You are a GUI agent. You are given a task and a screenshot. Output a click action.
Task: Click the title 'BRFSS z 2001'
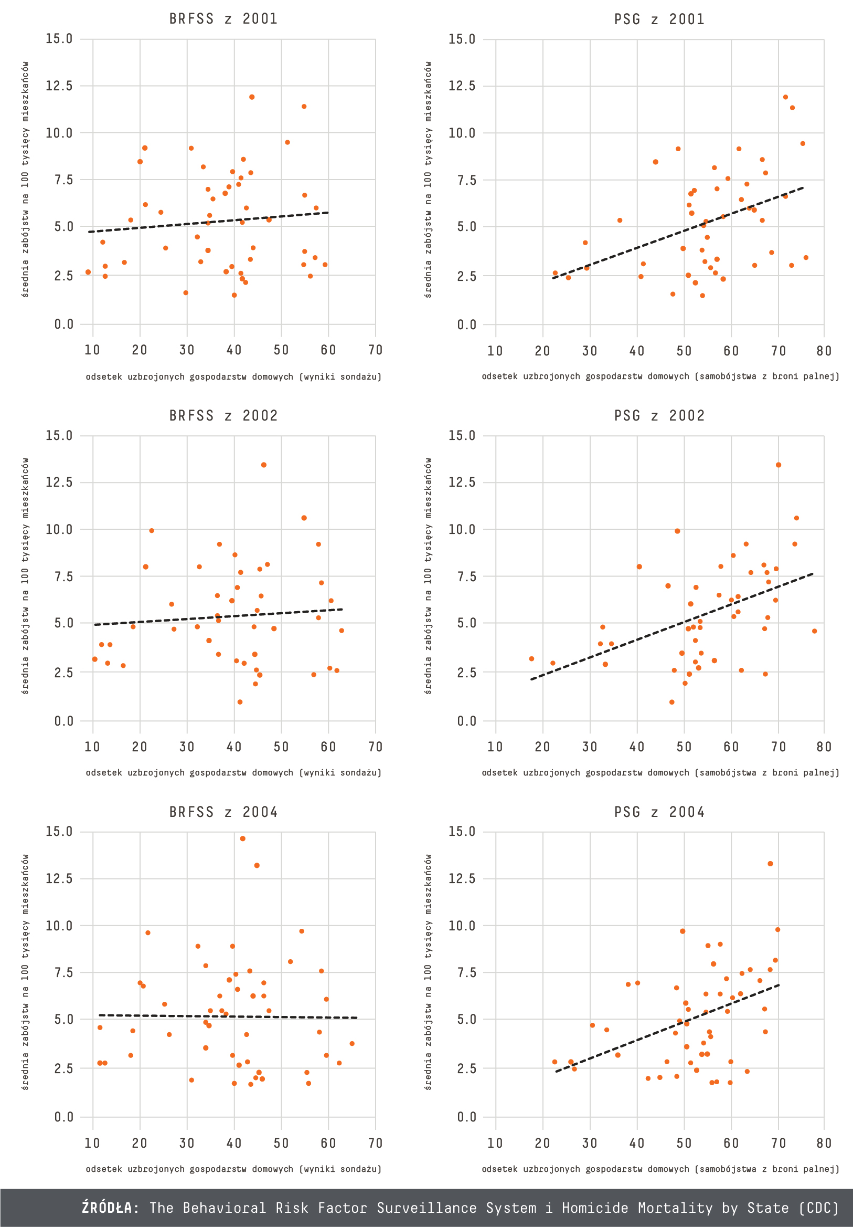[223, 19]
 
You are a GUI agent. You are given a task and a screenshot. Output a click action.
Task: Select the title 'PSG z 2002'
[659, 415]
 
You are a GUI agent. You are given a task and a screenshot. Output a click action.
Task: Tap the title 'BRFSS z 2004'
[223, 812]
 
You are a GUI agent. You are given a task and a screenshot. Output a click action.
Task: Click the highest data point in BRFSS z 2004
[242, 838]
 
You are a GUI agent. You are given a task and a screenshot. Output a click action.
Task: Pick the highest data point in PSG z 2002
[778, 465]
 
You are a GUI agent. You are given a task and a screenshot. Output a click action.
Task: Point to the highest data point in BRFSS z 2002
[264, 465]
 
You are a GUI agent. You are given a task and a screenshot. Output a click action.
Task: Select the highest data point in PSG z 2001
[785, 97]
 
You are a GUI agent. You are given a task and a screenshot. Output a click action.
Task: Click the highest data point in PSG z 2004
[770, 864]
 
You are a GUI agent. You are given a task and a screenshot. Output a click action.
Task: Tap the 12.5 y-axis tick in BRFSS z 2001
[59, 86]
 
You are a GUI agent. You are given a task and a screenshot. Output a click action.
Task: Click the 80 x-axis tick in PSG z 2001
[824, 351]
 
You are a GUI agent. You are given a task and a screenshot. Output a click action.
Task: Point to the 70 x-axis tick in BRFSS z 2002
[376, 747]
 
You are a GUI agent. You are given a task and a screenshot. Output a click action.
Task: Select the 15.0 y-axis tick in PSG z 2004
[462, 832]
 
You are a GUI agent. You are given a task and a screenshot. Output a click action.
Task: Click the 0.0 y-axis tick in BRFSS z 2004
[63, 1117]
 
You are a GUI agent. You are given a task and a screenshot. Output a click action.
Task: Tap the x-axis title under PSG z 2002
[660, 772]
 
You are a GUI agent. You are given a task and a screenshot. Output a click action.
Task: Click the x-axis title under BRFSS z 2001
[233, 377]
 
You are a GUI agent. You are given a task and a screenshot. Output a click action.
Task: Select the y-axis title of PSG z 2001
[428, 179]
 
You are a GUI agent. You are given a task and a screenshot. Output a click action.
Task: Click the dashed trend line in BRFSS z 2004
[225, 1016]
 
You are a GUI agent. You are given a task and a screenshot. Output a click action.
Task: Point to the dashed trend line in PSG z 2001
[678, 234]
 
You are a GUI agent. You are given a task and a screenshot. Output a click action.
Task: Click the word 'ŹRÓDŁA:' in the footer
[111, 1208]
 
